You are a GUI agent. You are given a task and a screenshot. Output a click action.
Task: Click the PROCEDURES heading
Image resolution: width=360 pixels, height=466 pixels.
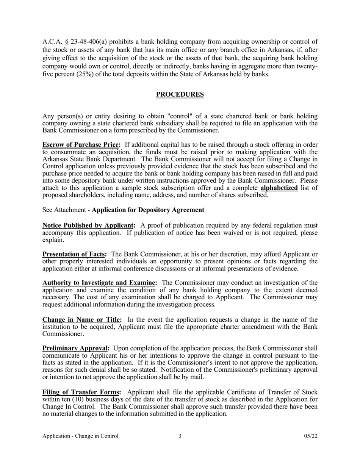pyautogui.click(x=180, y=94)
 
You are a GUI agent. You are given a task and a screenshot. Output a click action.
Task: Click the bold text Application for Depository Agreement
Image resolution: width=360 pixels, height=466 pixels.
pyautogui.click(x=148, y=210)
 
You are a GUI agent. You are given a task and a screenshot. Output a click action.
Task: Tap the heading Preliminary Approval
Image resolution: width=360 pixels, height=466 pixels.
pyautogui.click(x=76, y=348)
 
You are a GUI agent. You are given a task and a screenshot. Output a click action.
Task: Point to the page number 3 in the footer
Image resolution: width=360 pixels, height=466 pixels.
pyautogui.click(x=180, y=436)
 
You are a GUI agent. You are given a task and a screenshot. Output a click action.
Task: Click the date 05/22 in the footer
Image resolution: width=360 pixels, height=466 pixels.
pyautogui.click(x=311, y=436)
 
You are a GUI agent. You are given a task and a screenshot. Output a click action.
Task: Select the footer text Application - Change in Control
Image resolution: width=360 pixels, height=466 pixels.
pyautogui.click(x=80, y=436)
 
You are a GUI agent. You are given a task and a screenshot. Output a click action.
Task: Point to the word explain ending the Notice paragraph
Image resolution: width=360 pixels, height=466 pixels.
pyautogui.click(x=53, y=240)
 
